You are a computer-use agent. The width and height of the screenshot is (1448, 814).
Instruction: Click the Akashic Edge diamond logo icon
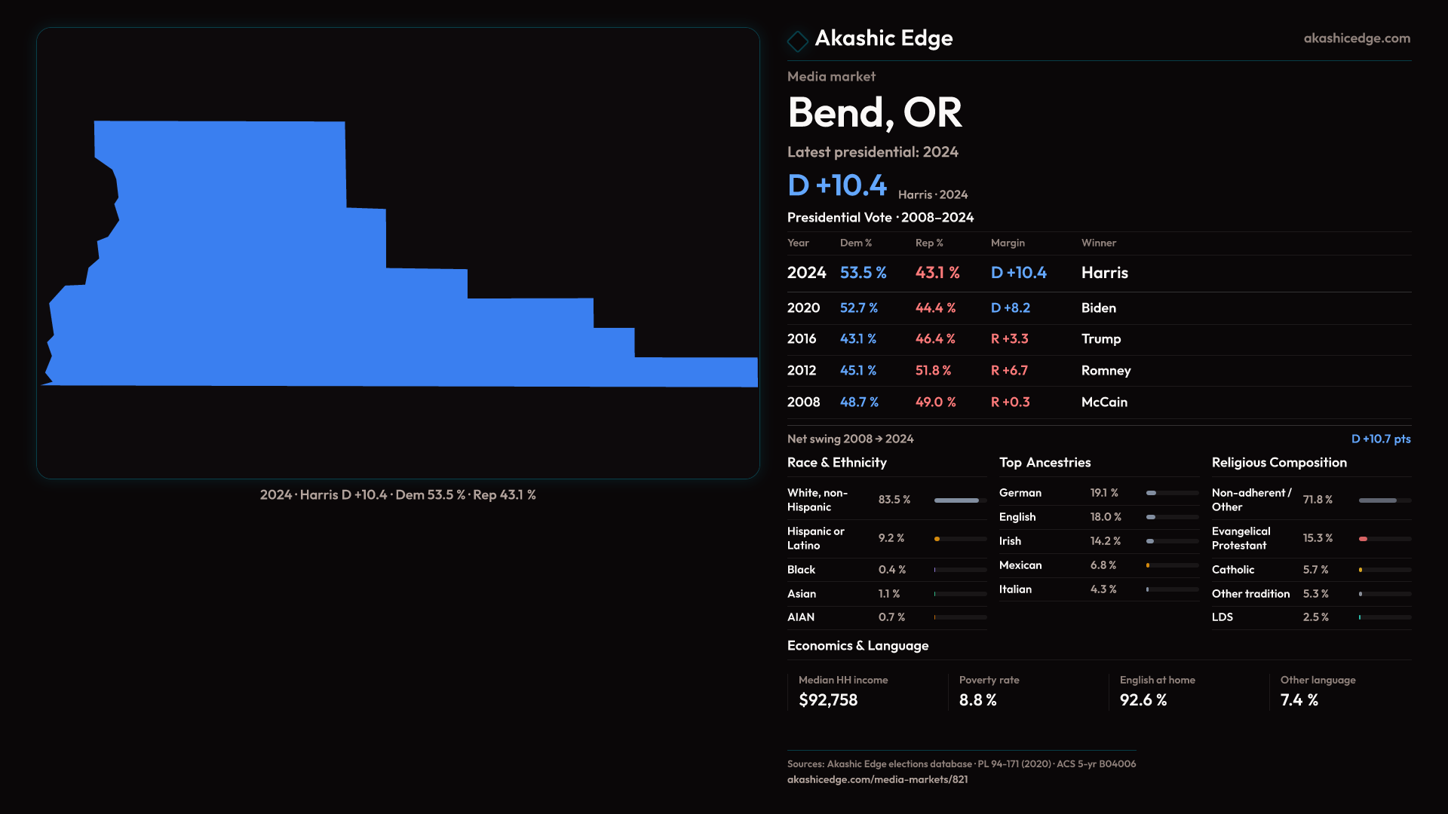pyautogui.click(x=797, y=41)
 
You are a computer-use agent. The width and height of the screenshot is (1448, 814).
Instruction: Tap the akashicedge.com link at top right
pyautogui.click(x=1356, y=38)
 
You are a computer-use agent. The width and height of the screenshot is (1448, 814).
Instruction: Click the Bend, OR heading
pyautogui.click(x=874, y=113)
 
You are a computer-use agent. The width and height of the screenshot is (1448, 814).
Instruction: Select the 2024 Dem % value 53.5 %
pyautogui.click(x=863, y=273)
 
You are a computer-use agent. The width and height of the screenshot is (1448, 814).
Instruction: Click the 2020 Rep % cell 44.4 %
pyautogui.click(x=935, y=308)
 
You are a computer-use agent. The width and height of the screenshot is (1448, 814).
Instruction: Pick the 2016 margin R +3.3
pyautogui.click(x=1009, y=339)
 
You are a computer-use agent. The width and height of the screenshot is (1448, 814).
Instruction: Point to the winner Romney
pyautogui.click(x=1106, y=371)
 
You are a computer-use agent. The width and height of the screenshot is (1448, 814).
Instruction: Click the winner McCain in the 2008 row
pyautogui.click(x=1104, y=402)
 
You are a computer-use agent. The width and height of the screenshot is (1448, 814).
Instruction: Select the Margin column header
pyautogui.click(x=1008, y=243)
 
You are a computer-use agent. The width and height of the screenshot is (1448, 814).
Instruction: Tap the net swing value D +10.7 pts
pyautogui.click(x=1380, y=439)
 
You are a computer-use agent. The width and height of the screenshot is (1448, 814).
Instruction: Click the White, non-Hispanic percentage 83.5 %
pyautogui.click(x=894, y=500)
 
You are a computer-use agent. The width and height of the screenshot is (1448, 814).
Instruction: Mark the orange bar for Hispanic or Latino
pyautogui.click(x=937, y=539)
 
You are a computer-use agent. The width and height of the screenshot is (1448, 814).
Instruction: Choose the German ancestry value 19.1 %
pyautogui.click(x=1104, y=493)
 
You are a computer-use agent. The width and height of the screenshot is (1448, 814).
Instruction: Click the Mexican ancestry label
pyautogui.click(x=1020, y=565)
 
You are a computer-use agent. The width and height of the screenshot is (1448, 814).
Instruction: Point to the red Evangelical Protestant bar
pyautogui.click(x=1364, y=539)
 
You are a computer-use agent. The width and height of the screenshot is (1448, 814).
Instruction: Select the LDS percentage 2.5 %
pyautogui.click(x=1315, y=617)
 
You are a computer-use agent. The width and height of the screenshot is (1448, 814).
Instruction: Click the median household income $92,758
pyautogui.click(x=828, y=700)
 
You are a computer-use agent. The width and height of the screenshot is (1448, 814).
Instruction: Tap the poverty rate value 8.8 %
pyautogui.click(x=977, y=700)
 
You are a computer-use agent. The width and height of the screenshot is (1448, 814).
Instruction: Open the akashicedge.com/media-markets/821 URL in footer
pyautogui.click(x=877, y=780)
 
